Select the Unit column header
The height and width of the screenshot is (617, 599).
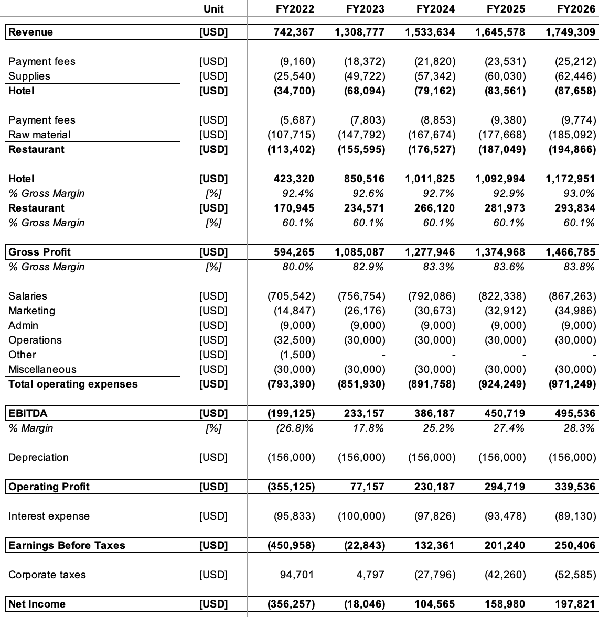[213, 9]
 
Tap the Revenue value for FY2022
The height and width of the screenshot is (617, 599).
[294, 32]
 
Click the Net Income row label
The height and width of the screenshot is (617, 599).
[37, 604]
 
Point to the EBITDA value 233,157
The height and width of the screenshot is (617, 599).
[364, 413]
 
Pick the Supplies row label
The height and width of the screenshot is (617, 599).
[29, 76]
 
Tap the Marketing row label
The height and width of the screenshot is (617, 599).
[31, 311]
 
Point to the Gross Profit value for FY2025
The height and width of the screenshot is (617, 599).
[500, 252]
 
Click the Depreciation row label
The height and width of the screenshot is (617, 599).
[38, 457]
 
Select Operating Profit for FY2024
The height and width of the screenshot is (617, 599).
[435, 487]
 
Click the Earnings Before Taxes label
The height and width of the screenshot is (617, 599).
[67, 545]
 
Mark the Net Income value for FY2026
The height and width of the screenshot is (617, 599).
[575, 604]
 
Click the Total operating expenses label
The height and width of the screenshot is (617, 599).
[73, 384]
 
